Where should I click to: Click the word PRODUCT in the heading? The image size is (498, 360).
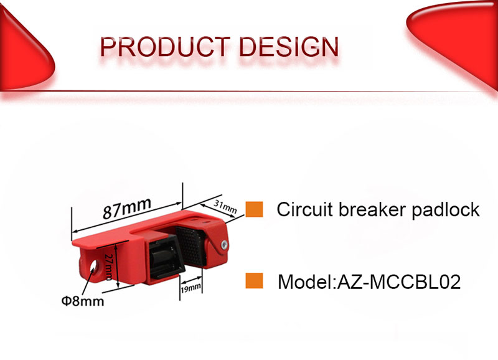tap(165, 47)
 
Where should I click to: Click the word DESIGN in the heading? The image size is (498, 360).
tap(289, 47)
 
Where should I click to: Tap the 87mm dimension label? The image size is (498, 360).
tap(127, 208)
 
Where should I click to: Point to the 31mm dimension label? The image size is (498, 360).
tap(225, 207)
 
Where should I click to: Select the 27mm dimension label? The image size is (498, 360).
tap(108, 267)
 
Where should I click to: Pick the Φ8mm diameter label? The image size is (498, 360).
tap(83, 301)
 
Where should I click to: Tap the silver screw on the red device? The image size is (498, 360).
tap(224, 244)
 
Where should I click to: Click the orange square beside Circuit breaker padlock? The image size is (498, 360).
tap(254, 209)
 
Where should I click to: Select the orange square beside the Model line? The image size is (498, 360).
tap(254, 280)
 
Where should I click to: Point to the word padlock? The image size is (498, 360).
tap(446, 211)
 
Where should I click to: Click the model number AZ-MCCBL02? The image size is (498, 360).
tap(399, 282)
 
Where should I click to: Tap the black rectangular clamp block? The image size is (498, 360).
tap(166, 259)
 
